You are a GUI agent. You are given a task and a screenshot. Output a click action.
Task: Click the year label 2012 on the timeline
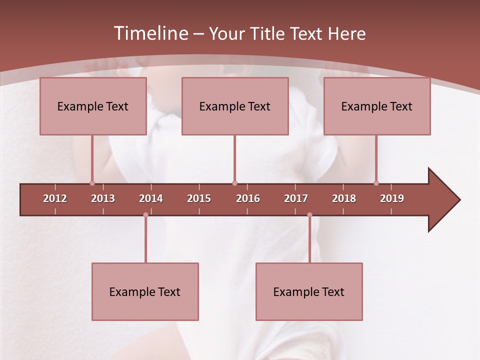pos(55,198)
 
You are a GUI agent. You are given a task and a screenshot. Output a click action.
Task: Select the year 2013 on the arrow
pos(103,198)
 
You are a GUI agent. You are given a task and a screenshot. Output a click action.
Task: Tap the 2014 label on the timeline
pos(151,198)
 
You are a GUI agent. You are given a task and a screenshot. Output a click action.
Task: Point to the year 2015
pos(199,198)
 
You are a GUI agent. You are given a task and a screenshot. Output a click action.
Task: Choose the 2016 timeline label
pos(248,198)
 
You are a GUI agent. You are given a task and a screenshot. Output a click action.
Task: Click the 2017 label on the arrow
pos(296,198)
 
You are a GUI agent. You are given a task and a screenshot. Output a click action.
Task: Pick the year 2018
pos(344,198)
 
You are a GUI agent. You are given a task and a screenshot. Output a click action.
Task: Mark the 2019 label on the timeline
pos(392,198)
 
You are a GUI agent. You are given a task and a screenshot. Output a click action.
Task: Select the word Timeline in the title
pos(150,33)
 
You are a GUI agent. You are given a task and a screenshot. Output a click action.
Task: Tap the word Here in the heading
pos(346,34)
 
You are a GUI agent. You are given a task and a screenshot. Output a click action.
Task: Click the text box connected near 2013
pos(93,106)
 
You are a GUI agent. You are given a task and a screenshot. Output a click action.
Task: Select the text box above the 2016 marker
pos(235,106)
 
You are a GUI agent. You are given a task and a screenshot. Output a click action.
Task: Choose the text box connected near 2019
pos(377,106)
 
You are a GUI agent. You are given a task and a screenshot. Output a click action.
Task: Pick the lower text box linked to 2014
pos(145,291)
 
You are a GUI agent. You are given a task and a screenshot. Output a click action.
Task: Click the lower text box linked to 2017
pos(309,291)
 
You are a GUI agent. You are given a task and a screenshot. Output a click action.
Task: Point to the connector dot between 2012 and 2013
pos(92,183)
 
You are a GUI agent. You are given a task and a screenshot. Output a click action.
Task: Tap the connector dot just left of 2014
pos(145,215)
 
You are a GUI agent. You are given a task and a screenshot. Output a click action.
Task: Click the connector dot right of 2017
pos(309,215)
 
